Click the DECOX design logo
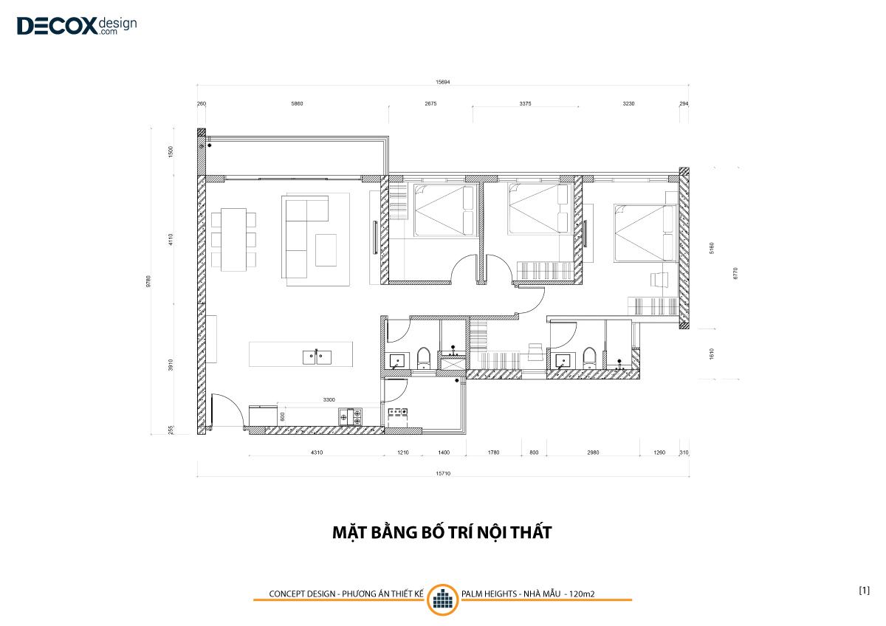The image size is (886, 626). pos(77,26)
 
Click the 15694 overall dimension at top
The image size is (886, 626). pos(442,82)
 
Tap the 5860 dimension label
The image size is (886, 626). pos(297,103)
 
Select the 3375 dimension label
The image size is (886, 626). pos(525,103)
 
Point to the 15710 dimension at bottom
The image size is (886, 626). pos(443,473)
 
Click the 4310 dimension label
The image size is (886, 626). pos(317,453)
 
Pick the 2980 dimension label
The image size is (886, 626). pos(593,453)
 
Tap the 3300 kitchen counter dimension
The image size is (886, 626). pos(329,400)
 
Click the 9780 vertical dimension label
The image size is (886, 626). pos(148,281)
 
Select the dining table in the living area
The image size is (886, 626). pos(233,240)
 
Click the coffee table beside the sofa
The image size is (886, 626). pos(326,250)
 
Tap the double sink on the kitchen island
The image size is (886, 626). pos(317,357)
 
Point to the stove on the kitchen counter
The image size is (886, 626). pos(350,417)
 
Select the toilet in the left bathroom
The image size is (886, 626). pos(424,358)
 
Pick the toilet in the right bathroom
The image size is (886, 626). pos(589,358)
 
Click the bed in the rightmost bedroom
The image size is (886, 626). pos(645,233)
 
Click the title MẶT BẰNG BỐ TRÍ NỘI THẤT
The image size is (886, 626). pos(442,532)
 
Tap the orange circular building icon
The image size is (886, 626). pos(442,599)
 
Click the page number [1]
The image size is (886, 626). pos(865,591)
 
